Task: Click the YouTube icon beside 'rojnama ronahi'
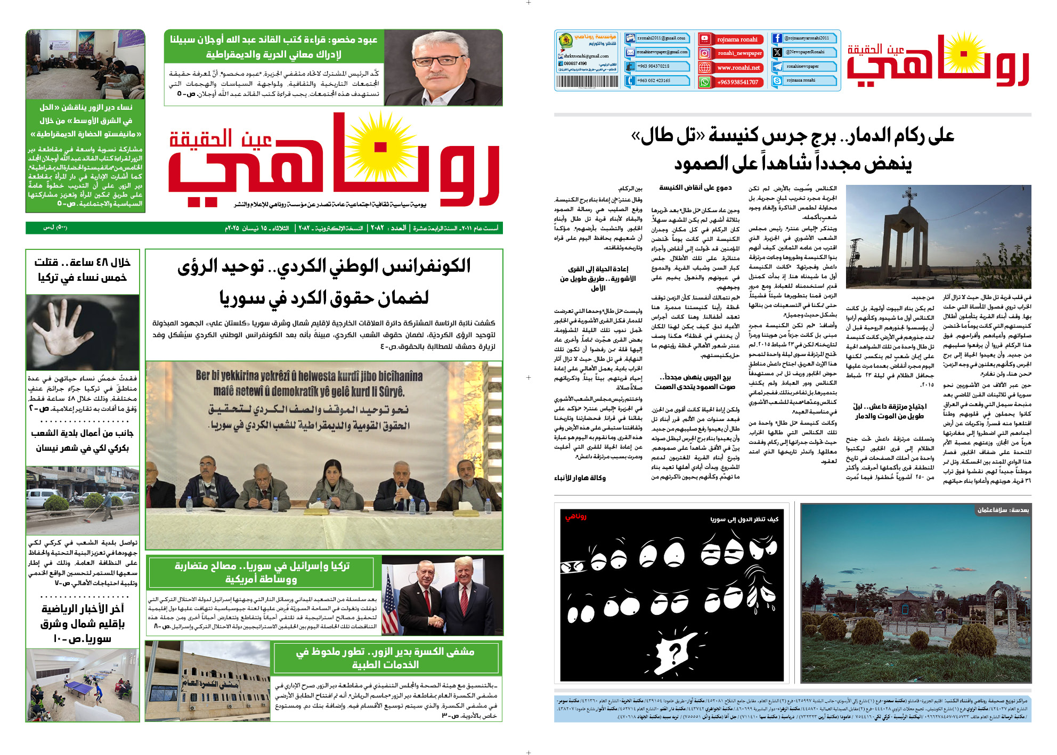pyautogui.click(x=705, y=39)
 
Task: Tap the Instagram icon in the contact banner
pyautogui.click(x=705, y=53)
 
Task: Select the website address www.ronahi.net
pyautogui.click(x=737, y=68)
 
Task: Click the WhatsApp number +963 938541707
pyautogui.click(x=737, y=82)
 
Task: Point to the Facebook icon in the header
pyautogui.click(x=777, y=38)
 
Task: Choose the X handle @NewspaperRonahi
pyautogui.click(x=804, y=52)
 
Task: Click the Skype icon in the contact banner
pyautogui.click(x=777, y=80)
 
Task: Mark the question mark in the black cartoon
pyautogui.click(x=675, y=651)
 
